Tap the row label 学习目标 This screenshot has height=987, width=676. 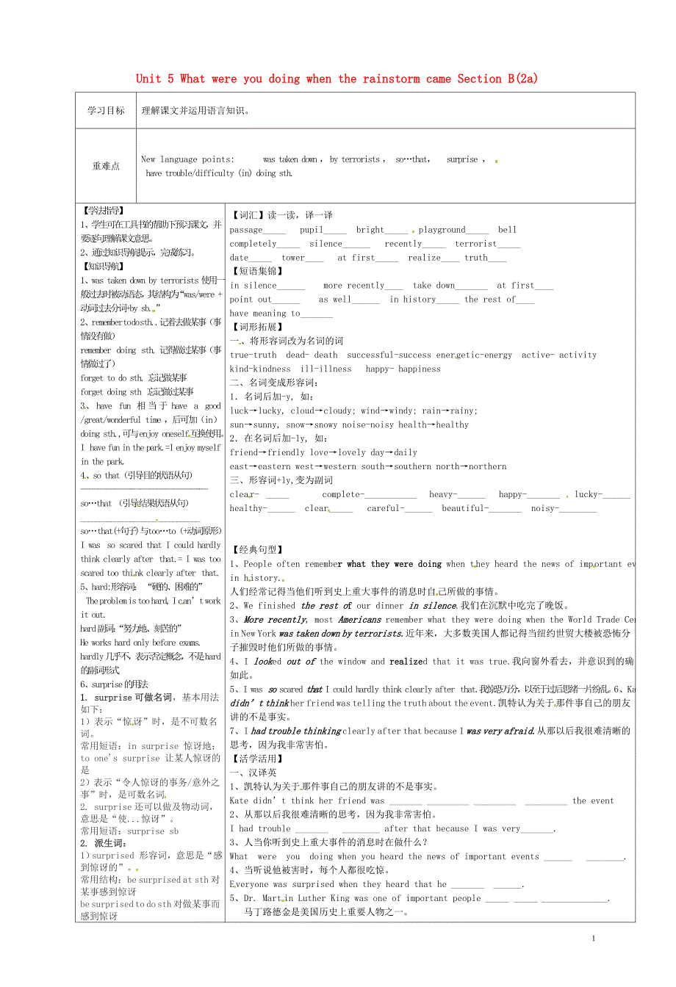(x=106, y=111)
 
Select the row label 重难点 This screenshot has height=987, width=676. (x=106, y=166)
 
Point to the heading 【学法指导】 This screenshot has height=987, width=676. (x=103, y=211)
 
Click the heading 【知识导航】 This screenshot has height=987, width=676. (x=103, y=267)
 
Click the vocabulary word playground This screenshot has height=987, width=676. (x=442, y=230)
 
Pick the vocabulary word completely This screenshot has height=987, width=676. (x=253, y=244)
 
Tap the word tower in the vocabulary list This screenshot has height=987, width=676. (x=292, y=258)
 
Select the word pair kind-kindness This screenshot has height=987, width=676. (x=260, y=369)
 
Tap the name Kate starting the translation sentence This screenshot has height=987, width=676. (x=240, y=801)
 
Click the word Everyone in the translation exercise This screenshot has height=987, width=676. (x=249, y=885)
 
